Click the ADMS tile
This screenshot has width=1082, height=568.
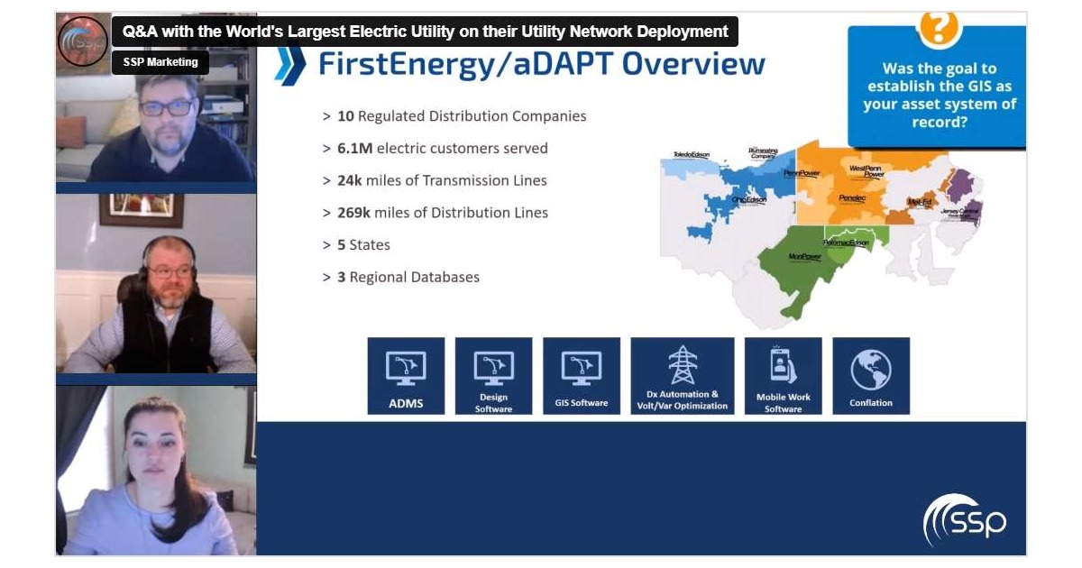point(406,376)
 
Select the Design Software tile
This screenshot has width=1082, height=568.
point(493,376)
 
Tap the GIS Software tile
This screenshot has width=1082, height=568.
point(582,376)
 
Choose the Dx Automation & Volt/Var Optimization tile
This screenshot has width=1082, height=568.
point(682,376)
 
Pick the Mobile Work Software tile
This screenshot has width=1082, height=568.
point(783,376)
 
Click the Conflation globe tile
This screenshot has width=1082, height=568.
point(870,376)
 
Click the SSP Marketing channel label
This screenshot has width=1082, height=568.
point(160,62)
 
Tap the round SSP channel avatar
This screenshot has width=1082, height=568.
point(82,41)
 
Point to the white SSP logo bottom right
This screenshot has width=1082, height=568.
point(964,520)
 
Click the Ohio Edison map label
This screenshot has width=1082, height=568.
point(749,199)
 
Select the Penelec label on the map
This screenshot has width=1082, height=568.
point(852,197)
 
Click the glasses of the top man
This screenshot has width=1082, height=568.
point(167,107)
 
